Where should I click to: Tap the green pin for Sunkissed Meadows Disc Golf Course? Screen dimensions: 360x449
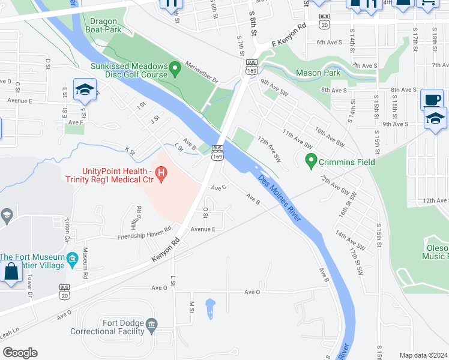click(175, 70)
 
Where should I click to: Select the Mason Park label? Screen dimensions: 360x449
click(318, 73)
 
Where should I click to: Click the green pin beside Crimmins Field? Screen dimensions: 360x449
click(311, 161)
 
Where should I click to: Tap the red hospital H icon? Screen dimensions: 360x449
click(161, 175)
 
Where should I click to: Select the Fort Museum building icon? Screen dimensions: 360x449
click(73, 260)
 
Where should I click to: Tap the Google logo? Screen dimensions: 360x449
click(20, 353)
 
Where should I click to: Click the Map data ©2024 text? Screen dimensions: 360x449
click(423, 355)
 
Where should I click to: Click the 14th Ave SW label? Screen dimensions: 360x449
click(349, 241)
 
